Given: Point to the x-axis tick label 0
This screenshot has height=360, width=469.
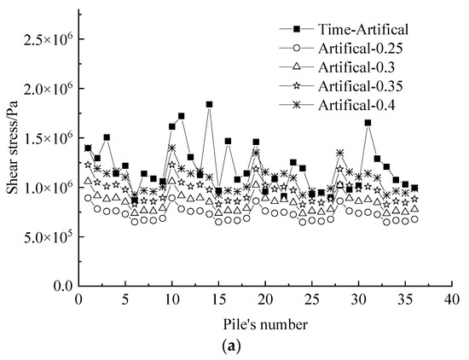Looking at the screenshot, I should point(78,299).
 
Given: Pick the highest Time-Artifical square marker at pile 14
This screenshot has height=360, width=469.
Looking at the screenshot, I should point(209,104).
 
